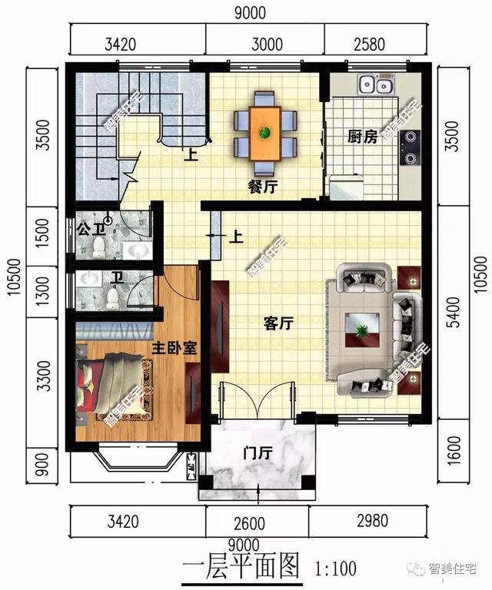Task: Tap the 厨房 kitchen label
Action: [x=362, y=137]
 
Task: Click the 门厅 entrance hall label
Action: [x=256, y=453]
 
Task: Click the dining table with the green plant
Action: [x=265, y=131]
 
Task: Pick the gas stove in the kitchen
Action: [x=411, y=148]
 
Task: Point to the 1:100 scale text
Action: [x=336, y=569]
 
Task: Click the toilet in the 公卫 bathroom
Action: [x=98, y=246]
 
